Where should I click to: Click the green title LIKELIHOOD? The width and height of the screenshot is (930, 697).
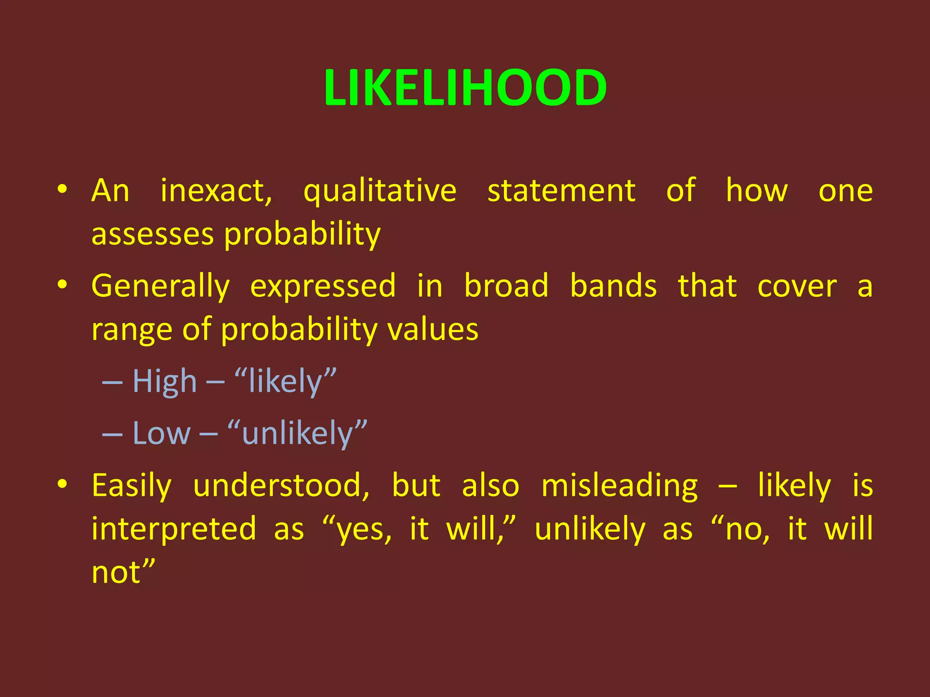(465, 88)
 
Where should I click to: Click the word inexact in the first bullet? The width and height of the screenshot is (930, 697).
(216, 191)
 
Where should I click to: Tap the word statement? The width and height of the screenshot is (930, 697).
(561, 191)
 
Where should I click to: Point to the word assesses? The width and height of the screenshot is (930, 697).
(152, 235)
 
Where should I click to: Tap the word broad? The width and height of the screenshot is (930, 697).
(506, 286)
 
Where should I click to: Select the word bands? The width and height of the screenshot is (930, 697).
(613, 286)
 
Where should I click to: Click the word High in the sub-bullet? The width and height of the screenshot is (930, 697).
(164, 382)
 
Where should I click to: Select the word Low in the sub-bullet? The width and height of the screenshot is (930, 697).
(161, 433)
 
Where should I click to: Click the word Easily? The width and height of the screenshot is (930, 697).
(132, 486)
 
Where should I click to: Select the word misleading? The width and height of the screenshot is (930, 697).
(619, 486)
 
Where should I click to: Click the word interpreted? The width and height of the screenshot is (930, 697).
(174, 529)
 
